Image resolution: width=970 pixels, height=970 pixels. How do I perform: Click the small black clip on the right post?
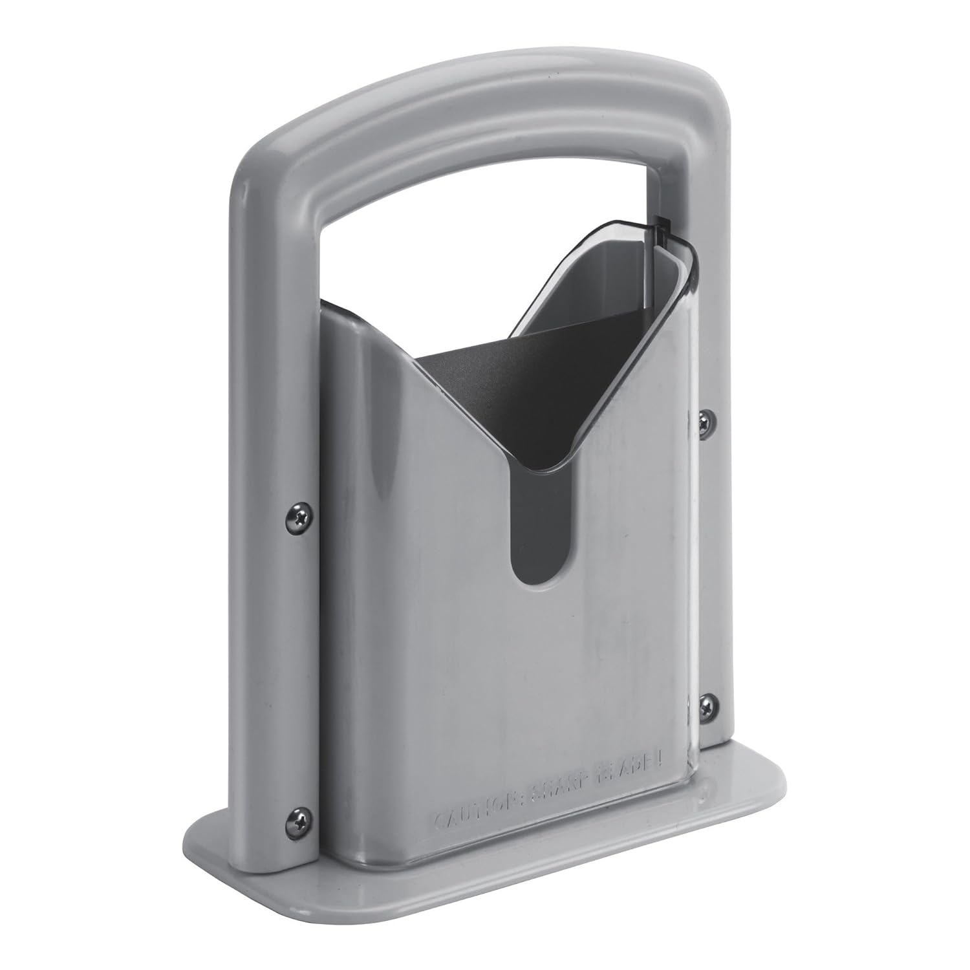point(661,226)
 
